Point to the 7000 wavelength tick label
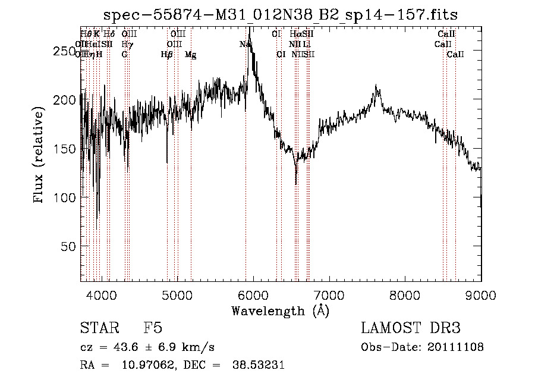[x=329, y=294]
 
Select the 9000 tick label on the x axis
[x=480, y=294]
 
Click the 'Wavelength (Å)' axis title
[x=280, y=310]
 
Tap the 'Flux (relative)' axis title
[x=39, y=156]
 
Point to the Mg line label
[x=191, y=54]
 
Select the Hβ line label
[x=167, y=54]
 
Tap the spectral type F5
[x=153, y=328]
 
